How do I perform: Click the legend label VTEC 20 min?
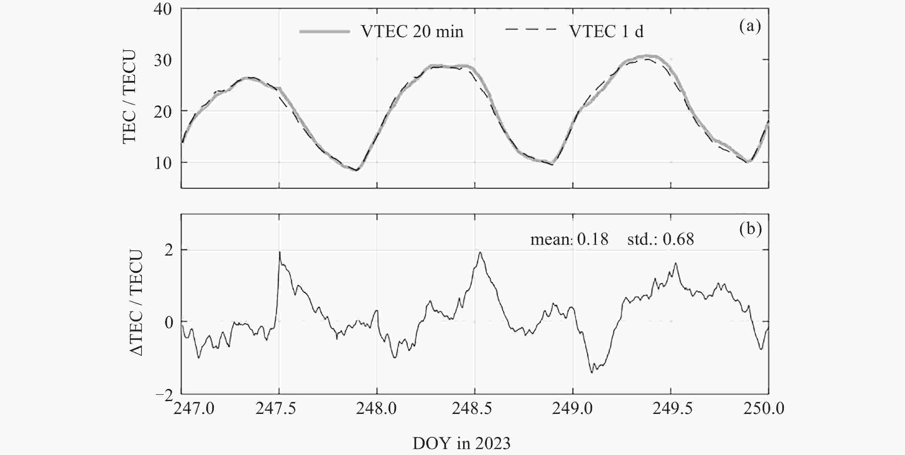(x=412, y=32)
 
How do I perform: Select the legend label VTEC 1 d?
(x=607, y=32)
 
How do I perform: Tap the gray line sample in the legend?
(x=325, y=32)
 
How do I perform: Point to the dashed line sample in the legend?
(x=531, y=30)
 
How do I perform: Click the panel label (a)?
(x=750, y=26)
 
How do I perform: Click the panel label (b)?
(x=750, y=229)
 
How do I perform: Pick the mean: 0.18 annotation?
(x=569, y=239)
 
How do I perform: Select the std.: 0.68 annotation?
(x=660, y=239)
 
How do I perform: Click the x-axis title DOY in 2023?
(x=461, y=444)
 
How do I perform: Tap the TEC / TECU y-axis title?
(x=129, y=97)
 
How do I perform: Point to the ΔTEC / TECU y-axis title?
(x=136, y=303)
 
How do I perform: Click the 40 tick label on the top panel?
(x=163, y=9)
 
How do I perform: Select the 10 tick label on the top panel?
(x=163, y=163)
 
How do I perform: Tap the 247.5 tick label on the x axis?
(x=276, y=409)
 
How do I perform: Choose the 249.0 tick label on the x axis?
(x=572, y=409)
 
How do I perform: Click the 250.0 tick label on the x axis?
(x=764, y=409)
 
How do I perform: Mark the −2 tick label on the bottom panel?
(x=165, y=396)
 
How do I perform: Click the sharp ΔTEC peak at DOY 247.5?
(x=280, y=252)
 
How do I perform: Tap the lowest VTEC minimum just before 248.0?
(x=357, y=170)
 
